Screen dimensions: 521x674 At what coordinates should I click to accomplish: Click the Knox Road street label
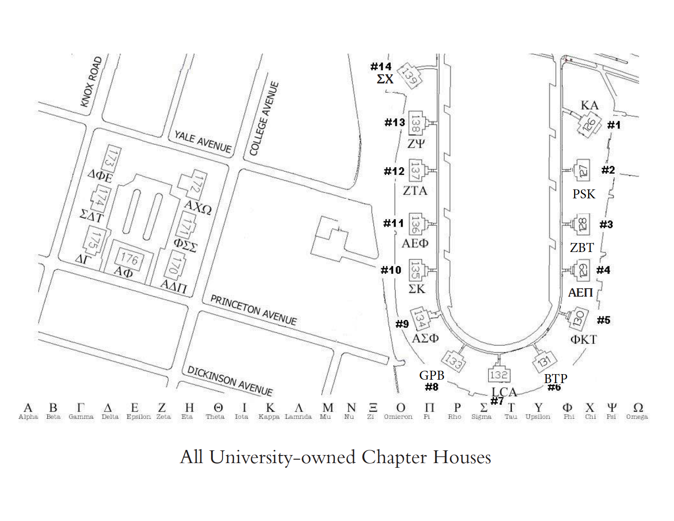(91, 81)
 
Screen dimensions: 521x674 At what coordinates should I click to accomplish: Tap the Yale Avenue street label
(203, 142)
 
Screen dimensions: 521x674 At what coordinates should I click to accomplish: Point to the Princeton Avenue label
(253, 310)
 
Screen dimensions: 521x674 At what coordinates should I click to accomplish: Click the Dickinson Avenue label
(230, 381)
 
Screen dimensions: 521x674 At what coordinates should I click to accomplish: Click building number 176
(129, 258)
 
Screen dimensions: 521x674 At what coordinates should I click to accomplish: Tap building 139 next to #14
(409, 76)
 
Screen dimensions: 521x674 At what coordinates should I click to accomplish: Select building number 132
(498, 375)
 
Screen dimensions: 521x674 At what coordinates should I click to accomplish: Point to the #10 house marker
(391, 270)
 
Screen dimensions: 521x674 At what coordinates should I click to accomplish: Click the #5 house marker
(603, 320)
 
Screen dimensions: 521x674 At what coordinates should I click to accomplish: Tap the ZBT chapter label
(582, 248)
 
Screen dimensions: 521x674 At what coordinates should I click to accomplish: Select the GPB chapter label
(431, 375)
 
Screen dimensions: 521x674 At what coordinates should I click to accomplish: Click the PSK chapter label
(583, 194)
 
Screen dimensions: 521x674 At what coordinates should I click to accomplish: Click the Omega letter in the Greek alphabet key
(638, 408)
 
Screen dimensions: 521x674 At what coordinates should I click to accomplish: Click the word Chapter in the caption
(394, 457)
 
